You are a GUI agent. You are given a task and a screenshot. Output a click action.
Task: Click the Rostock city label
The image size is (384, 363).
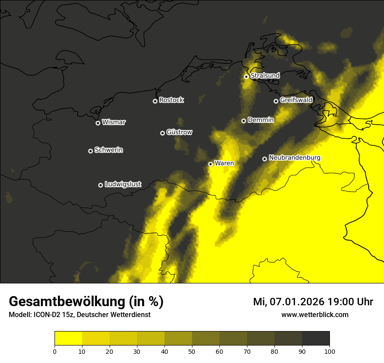171,100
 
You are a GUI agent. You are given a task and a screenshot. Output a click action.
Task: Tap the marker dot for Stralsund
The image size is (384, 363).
246,77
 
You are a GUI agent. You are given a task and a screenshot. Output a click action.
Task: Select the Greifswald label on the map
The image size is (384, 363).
296,100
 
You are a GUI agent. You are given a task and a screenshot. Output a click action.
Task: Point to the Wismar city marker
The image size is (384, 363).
98,123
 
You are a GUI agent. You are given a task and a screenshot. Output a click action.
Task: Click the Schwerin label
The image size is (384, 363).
109,150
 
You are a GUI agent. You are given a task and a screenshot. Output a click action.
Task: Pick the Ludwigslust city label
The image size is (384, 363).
123,185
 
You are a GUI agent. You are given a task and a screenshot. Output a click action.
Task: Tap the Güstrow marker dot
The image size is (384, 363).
162,133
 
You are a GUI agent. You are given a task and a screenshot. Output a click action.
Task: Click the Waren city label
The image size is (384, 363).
224,164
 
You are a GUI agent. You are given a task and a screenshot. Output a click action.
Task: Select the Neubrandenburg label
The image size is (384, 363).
295,158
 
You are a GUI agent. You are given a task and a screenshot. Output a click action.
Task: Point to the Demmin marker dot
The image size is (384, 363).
243,121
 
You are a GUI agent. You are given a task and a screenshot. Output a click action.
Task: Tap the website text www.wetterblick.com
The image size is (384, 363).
315,315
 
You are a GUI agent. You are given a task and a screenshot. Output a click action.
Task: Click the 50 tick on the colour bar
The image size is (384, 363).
192,351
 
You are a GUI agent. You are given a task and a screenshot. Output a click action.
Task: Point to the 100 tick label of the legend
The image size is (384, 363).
329,351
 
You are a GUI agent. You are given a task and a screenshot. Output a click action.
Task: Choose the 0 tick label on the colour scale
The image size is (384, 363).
55,351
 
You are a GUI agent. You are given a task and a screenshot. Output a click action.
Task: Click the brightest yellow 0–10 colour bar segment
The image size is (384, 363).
68,338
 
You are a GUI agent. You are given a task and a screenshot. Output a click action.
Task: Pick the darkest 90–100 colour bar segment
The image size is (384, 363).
315,338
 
